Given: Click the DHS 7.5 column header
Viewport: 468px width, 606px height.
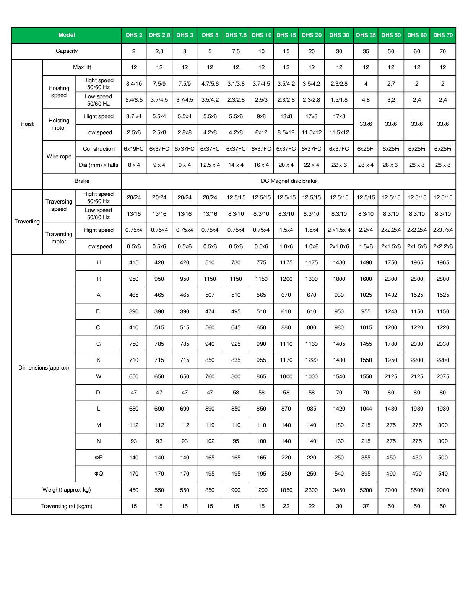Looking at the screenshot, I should pos(236,35).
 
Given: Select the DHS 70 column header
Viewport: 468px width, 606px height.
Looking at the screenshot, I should pos(443,35).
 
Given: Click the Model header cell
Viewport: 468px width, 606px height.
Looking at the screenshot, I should pos(67,35).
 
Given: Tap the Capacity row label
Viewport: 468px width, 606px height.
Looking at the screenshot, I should pos(67,51).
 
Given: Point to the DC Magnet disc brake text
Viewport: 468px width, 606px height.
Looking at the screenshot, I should pos(288,181).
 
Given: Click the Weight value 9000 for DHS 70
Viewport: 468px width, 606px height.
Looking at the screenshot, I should pos(443,490).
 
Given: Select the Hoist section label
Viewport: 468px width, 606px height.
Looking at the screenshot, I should pos(27,124).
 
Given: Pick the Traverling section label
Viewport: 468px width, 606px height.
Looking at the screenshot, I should pos(27,222).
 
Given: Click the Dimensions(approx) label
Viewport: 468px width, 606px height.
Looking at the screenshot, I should pos(44,368).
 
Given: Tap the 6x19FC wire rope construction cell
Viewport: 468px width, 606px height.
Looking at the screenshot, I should pos(134,149).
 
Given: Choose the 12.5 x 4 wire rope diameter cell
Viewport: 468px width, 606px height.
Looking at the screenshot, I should pos(210,165).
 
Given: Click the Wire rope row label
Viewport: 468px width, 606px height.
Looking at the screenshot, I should pos(59,156).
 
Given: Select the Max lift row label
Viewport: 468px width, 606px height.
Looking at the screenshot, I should pos(82,67).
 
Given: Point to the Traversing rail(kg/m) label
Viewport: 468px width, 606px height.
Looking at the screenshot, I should pos(67,506).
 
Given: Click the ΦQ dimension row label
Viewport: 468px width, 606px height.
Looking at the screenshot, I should pos(99,474).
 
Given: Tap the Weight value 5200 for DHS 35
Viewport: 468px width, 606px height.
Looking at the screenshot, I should pos(366,490).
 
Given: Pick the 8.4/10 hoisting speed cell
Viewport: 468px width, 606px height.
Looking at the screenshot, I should pos(134,84).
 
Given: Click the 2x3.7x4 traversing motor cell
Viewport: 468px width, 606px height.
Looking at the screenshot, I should pos(443,230).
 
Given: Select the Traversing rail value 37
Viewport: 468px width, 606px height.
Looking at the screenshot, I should pos(366,506).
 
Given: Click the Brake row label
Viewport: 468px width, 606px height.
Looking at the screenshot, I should pos(82,181).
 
